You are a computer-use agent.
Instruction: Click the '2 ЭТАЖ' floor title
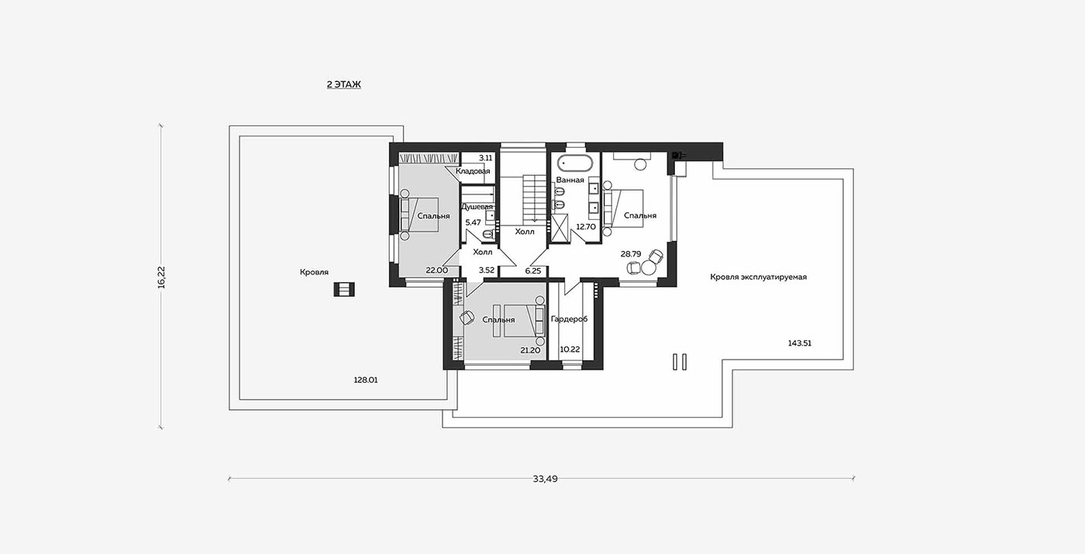click(x=344, y=84)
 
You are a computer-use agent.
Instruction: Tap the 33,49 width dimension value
click(x=545, y=479)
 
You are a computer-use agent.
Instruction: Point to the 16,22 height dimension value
click(x=161, y=277)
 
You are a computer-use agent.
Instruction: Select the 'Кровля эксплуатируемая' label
click(x=758, y=277)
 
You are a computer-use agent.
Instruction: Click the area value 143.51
click(x=799, y=343)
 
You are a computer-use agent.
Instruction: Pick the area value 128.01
click(x=366, y=380)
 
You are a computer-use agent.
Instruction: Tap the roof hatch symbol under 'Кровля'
click(x=344, y=289)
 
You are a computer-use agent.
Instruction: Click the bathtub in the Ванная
click(x=574, y=163)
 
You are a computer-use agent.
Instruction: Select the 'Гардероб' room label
click(x=569, y=319)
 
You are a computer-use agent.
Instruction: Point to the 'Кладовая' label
click(x=473, y=171)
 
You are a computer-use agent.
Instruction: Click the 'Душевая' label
click(x=477, y=207)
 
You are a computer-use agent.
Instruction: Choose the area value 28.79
click(x=631, y=254)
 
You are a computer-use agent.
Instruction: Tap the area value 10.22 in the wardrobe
click(x=570, y=349)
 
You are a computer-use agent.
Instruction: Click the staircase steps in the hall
click(x=534, y=198)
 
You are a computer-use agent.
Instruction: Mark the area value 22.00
click(x=436, y=270)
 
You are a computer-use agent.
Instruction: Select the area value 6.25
click(x=533, y=270)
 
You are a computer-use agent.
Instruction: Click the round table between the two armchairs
click(x=648, y=267)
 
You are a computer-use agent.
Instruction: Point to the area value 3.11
click(x=485, y=158)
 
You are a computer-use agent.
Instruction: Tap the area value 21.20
click(x=530, y=350)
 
